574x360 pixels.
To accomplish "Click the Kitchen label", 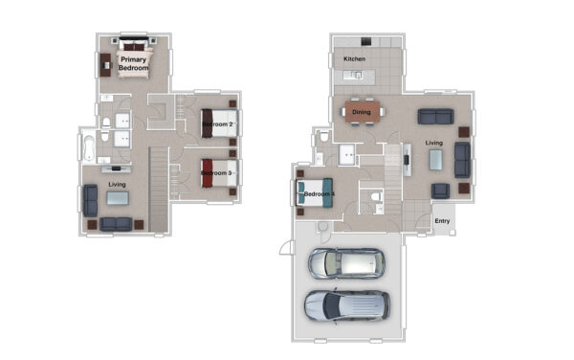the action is tap(354, 58).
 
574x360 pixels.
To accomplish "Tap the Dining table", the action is tap(362, 112).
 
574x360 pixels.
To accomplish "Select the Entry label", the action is tap(442, 221).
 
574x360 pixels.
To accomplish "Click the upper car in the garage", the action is tap(346, 263).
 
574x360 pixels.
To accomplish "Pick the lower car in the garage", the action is tap(347, 305).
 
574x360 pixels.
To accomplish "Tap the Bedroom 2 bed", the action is tap(220, 124).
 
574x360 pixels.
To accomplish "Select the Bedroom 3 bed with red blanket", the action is tap(220, 173).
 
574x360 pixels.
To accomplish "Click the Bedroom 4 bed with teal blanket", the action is tap(315, 193).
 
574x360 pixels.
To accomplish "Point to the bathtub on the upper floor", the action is tap(89, 148).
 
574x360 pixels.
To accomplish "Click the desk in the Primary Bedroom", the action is tap(105, 65).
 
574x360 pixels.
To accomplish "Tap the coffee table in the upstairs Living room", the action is tap(118, 198).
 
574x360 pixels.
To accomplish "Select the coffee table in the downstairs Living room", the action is tap(435, 160).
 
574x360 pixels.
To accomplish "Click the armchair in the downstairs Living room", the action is tap(440, 191).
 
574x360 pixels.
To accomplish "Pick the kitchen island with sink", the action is tap(354, 76).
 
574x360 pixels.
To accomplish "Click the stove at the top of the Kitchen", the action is tap(366, 41).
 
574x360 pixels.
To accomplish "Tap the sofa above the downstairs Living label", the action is tap(435, 117).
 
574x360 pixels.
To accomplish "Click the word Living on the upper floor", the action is tap(117, 184).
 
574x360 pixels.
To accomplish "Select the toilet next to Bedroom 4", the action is tap(376, 197).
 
